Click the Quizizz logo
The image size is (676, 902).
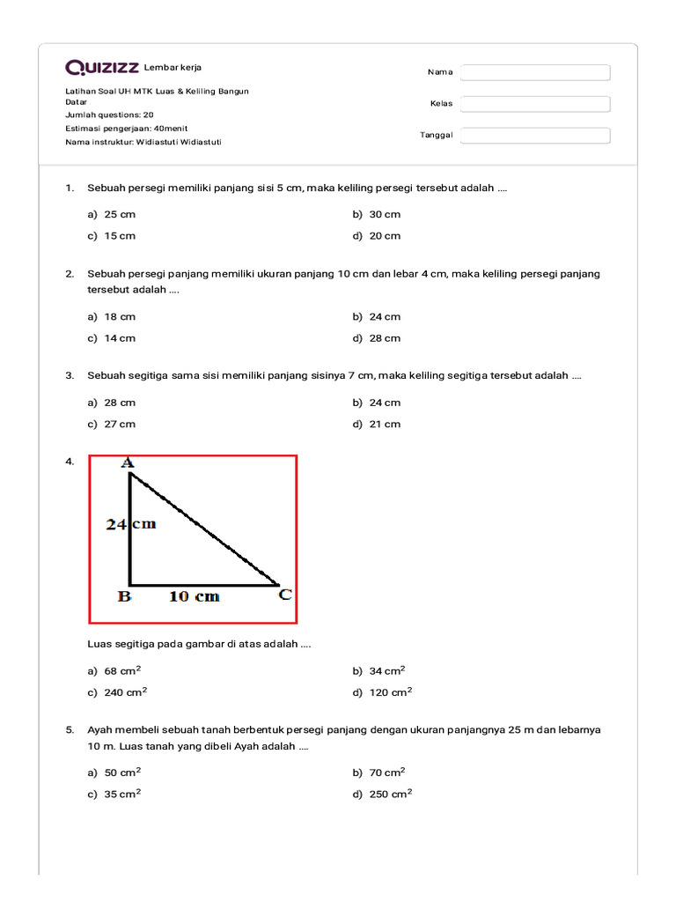click(x=101, y=67)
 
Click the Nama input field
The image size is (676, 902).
click(x=535, y=72)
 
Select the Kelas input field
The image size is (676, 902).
click(x=535, y=104)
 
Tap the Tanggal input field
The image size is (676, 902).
click(x=535, y=136)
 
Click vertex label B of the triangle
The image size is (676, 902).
click(x=125, y=596)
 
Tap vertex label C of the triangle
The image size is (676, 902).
click(x=285, y=595)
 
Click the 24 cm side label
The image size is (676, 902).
click(x=131, y=524)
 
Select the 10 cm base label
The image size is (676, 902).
click(x=194, y=597)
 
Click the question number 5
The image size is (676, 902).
click(x=69, y=730)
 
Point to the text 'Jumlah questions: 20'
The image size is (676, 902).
click(x=109, y=115)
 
